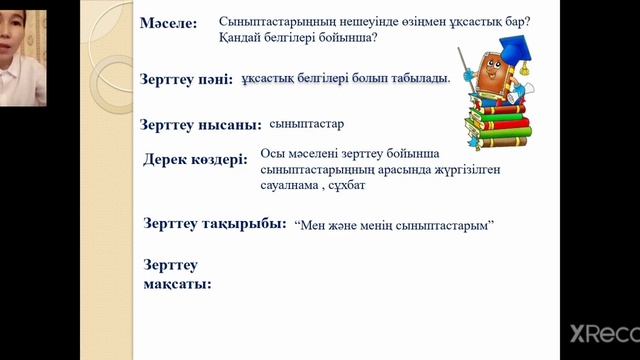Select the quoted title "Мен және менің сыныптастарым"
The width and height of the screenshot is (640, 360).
[x=397, y=226]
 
